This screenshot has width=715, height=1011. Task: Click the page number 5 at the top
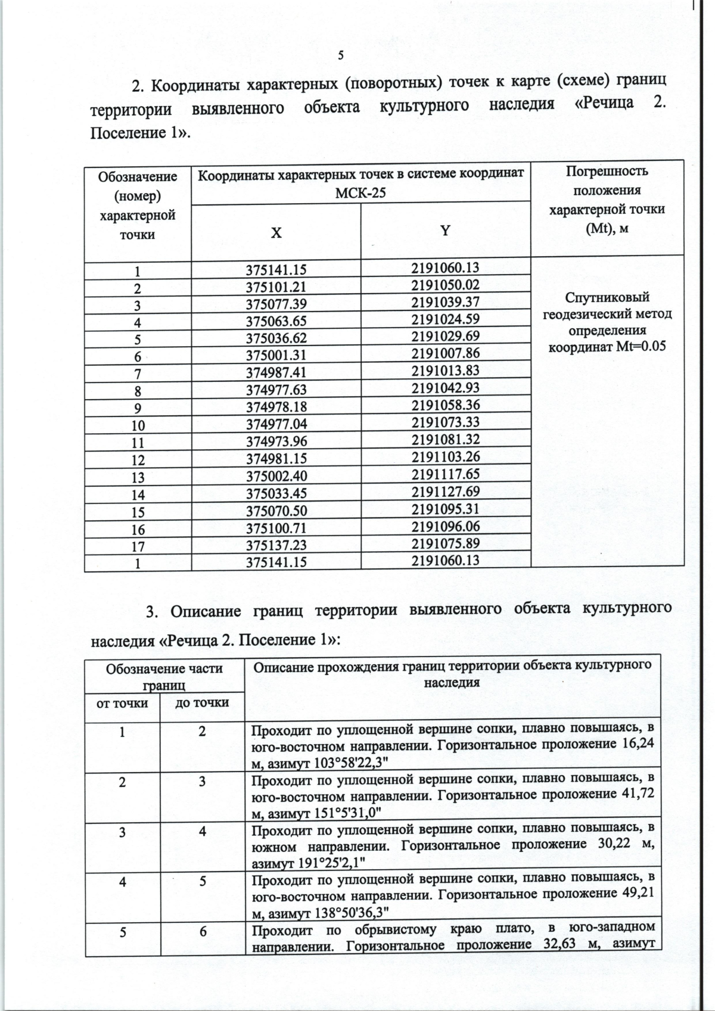click(x=341, y=56)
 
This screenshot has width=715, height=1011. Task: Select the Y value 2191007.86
click(x=445, y=353)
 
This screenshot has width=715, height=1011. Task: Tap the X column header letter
click(x=276, y=233)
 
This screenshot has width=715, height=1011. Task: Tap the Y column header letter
click(x=445, y=231)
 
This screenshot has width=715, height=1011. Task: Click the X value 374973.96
click(x=276, y=443)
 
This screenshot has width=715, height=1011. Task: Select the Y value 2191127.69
click(x=445, y=492)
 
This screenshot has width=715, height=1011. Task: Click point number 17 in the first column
click(x=138, y=546)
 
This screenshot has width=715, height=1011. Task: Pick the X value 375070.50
click(x=276, y=511)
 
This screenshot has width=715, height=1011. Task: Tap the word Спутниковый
click(x=607, y=297)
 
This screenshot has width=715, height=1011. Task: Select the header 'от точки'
click(x=122, y=703)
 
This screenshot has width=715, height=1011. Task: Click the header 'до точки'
click(x=203, y=703)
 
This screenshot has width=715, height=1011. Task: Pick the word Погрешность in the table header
click(x=607, y=172)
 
